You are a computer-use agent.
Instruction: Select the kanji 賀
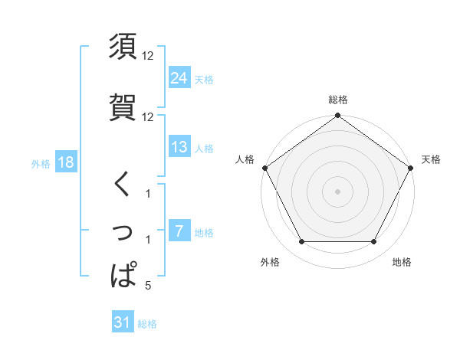[123, 107]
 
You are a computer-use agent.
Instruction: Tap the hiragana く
[123, 185]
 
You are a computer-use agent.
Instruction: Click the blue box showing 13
[179, 147]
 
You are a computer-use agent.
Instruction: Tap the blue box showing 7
[179, 231]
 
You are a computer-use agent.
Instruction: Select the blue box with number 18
[65, 162]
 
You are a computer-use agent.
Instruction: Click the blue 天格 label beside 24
[204, 78]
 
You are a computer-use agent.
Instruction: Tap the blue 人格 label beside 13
[204, 148]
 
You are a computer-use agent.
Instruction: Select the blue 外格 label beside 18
[41, 163]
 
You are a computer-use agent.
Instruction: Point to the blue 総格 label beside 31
[147, 324]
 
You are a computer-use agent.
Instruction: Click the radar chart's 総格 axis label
[338, 100]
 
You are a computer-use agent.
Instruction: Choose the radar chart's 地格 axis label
[402, 263]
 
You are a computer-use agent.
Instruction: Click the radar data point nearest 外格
[301, 242]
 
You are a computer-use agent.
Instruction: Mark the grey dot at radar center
[338, 191]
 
